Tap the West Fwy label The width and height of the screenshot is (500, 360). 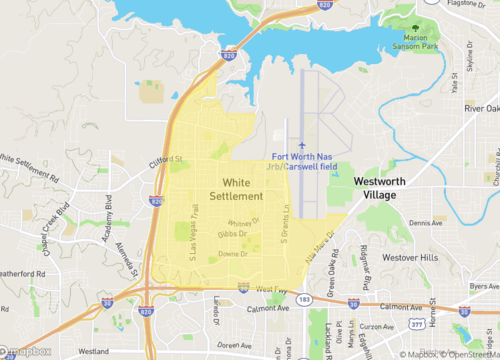click(271, 289)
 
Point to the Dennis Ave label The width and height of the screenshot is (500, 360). click(424, 223)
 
